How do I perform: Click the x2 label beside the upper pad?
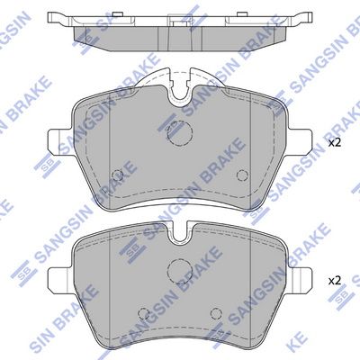click(x=335, y=143)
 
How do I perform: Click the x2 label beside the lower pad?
click(x=335, y=281)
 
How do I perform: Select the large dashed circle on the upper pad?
click(x=180, y=133)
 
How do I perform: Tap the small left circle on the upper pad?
click(x=117, y=175)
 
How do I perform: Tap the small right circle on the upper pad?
click(x=242, y=175)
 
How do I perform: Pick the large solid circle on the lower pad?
click(x=180, y=270)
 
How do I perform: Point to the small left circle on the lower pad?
click(x=143, y=313)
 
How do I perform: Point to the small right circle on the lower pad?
click(x=216, y=313)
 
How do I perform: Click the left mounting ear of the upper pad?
click(x=60, y=142)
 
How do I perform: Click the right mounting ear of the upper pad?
click(x=300, y=142)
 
